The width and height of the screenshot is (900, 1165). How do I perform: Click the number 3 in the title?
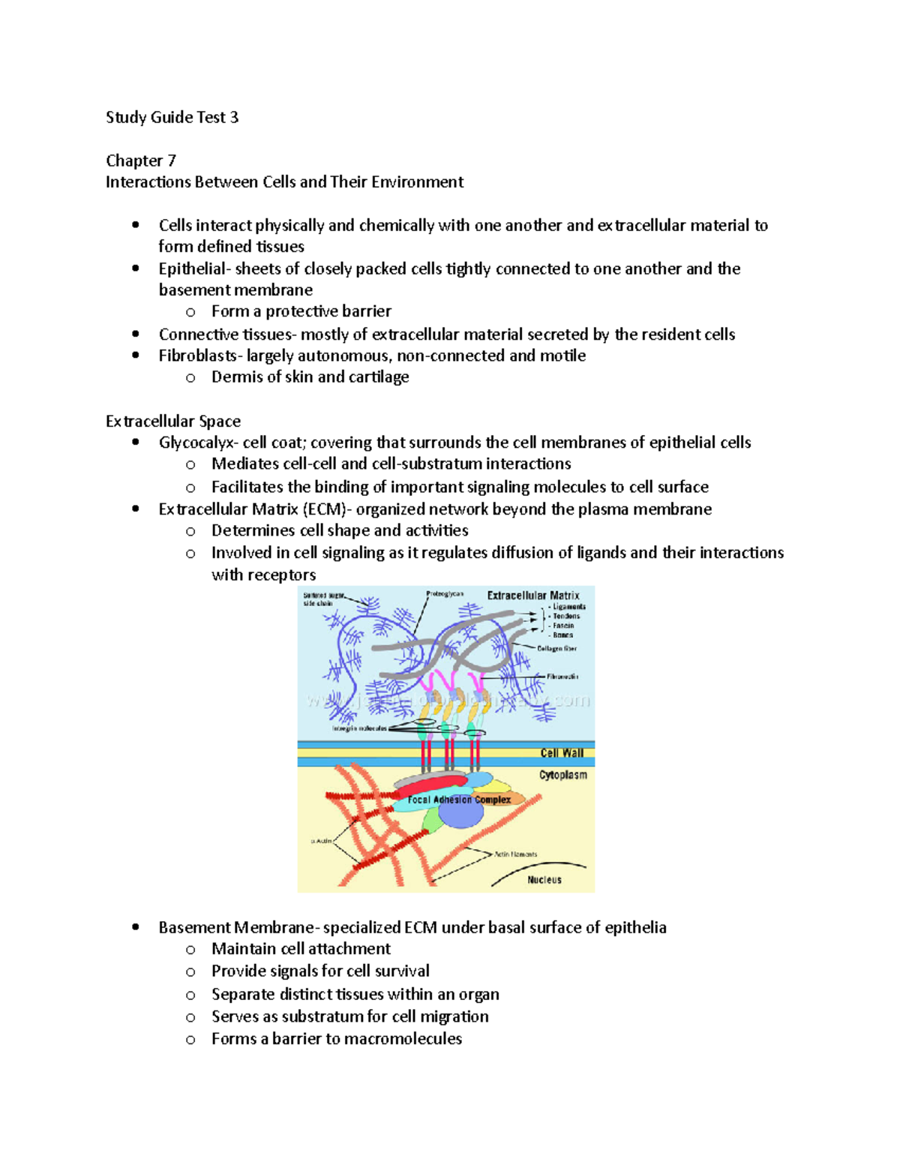234,117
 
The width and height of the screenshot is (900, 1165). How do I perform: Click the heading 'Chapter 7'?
141,161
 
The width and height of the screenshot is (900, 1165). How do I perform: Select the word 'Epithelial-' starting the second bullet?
193,269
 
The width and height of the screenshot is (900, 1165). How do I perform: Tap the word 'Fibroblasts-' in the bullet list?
199,356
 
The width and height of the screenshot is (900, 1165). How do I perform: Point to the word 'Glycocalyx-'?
198,443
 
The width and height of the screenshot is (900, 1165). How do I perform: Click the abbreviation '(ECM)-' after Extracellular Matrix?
327,509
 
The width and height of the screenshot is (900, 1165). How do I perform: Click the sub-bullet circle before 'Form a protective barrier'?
190,312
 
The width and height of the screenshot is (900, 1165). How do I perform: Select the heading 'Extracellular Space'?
173,421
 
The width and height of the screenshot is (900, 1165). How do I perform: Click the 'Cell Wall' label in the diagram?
562,753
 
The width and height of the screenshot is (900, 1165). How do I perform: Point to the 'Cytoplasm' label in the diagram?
562,775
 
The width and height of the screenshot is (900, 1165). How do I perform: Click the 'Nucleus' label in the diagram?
544,880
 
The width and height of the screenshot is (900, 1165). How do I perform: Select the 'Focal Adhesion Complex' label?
459,800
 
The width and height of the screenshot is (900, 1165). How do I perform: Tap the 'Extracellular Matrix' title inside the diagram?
532,596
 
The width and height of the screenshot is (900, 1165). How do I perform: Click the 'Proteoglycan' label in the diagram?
445,593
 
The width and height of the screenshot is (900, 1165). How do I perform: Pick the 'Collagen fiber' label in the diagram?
556,648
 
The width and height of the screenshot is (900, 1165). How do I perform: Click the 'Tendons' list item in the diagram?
566,616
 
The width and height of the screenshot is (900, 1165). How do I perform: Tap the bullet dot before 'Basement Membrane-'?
136,927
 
